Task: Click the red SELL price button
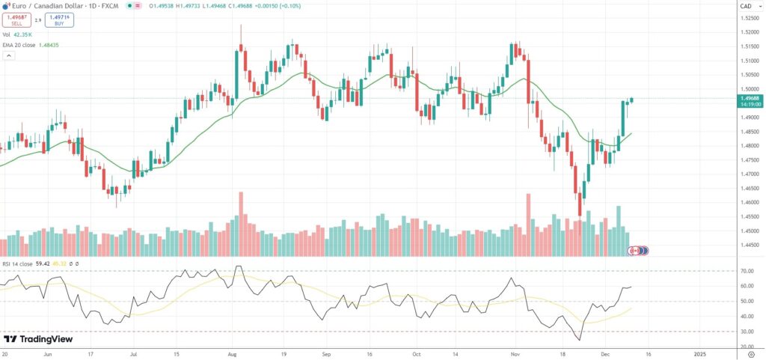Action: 16,20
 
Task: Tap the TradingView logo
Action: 38,339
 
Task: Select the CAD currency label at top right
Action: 746,6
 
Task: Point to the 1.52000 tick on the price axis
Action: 747,32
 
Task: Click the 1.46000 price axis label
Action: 747,202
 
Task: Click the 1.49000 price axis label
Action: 747,118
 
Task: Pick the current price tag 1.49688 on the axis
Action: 747,98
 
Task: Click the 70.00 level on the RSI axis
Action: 746,271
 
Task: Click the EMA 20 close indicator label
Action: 30,45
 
